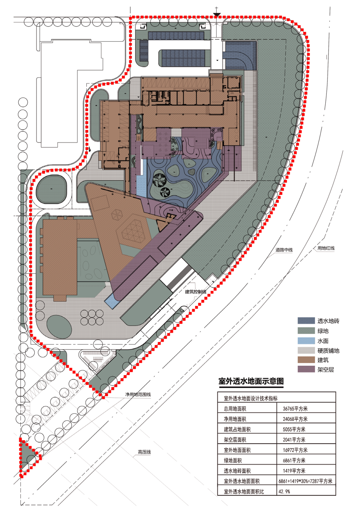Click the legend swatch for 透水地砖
coord(306,321)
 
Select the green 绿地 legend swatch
coord(306,331)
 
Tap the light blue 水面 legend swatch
coord(306,341)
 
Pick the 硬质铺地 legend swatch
coord(306,350)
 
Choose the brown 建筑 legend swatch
coord(306,360)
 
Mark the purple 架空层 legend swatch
coord(306,369)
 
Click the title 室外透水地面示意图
coord(251,381)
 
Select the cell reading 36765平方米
coord(295,408)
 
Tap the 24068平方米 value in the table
coord(295,419)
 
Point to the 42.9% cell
coord(284,491)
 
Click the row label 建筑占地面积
coord(237,429)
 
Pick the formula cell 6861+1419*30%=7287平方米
coord(305,481)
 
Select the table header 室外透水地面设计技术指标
coord(251,398)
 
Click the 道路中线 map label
coord(284,250)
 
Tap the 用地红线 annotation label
coord(326,248)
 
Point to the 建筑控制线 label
coord(196,292)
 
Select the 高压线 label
coord(144,452)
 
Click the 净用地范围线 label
coord(138,394)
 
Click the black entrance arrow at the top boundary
coord(217,15)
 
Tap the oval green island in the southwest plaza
coord(59,326)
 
